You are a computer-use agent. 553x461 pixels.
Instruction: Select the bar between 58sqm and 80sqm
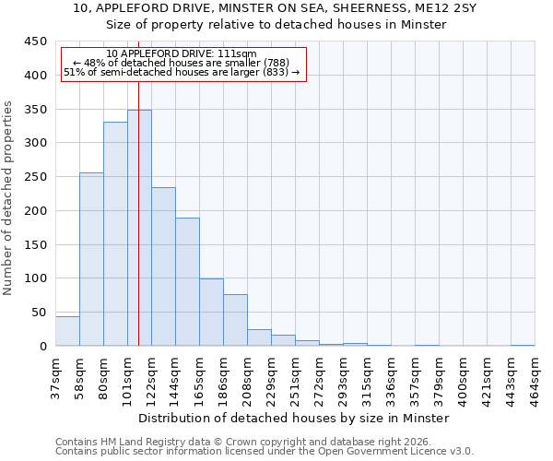point(91,259)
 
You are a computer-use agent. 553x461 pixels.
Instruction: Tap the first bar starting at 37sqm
point(67,331)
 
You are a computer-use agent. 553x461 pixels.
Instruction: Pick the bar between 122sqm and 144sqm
point(163,266)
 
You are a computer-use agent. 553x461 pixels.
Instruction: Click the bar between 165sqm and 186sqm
point(211,312)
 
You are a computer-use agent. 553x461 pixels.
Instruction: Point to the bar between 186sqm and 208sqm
point(235,320)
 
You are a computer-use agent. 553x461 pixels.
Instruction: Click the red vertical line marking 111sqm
point(138,184)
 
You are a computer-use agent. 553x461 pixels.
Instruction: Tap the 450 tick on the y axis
point(36,41)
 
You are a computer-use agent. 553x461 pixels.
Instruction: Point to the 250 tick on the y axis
point(36,177)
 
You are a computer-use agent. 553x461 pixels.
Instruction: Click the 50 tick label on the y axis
point(40,313)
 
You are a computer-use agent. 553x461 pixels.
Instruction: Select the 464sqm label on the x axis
point(535,377)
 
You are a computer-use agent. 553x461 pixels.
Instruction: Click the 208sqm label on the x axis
point(247,377)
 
